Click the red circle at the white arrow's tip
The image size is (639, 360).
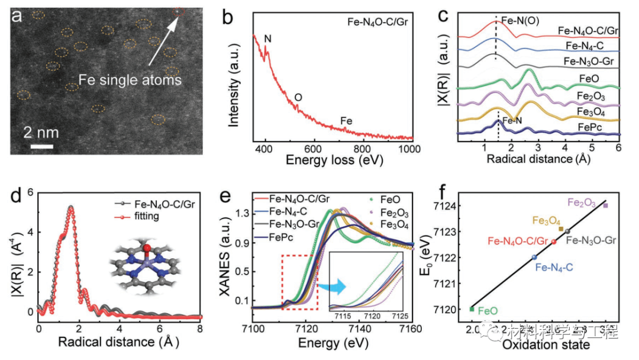(179, 11)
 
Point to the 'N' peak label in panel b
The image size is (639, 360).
(268, 39)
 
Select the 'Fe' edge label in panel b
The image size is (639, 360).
(347, 121)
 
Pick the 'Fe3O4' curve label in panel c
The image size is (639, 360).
(601, 111)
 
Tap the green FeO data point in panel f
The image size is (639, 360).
(472, 308)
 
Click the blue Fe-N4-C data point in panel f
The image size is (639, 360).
(534, 257)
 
